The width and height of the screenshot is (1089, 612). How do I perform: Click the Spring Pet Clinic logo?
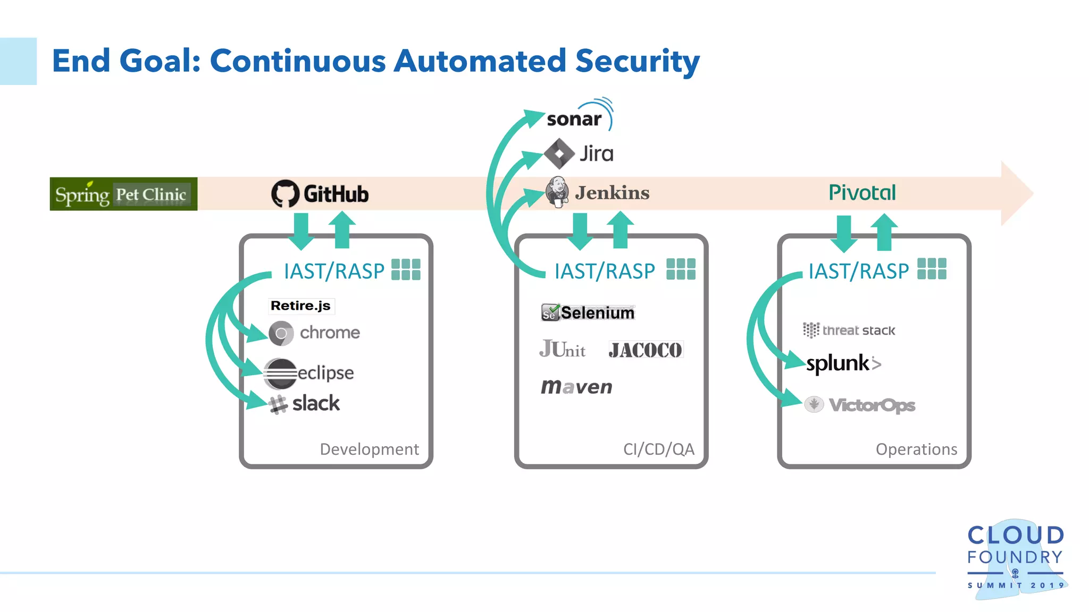pos(123,194)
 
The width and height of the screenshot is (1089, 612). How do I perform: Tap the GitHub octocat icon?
pos(285,193)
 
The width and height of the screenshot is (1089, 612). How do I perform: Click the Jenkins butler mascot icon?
pos(557,192)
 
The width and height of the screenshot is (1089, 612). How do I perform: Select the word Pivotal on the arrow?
pos(862,192)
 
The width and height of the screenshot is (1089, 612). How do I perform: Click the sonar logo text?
pos(574,119)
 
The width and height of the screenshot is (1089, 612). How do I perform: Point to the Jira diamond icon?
pos(559,154)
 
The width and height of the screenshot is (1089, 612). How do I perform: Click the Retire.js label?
pos(301,305)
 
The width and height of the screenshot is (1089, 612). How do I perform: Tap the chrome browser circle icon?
pos(281,333)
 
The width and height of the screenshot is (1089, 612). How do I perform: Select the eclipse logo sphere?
pos(280,373)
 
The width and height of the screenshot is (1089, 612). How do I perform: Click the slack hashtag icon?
pos(278,405)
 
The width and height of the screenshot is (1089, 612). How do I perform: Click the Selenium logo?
pos(588,312)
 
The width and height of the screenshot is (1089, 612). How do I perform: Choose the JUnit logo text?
pos(562,350)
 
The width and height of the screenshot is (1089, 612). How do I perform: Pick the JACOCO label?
pos(646,350)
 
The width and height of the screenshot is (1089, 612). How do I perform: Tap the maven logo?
pos(576,387)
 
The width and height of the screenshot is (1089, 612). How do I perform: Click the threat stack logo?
pos(849,330)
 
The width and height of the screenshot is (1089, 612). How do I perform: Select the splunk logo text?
pos(838,363)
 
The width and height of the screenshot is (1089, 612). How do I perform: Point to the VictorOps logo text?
pos(872,405)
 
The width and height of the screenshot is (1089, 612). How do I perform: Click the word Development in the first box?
pos(369,449)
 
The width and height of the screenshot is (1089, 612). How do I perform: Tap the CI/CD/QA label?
pos(658,449)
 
